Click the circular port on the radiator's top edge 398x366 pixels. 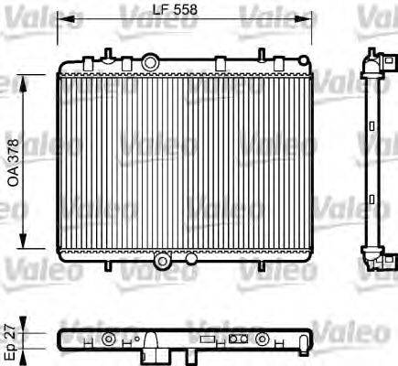(x=150, y=61)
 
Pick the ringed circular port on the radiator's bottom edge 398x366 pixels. (x=163, y=261)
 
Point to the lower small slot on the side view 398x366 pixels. (x=373, y=201)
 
